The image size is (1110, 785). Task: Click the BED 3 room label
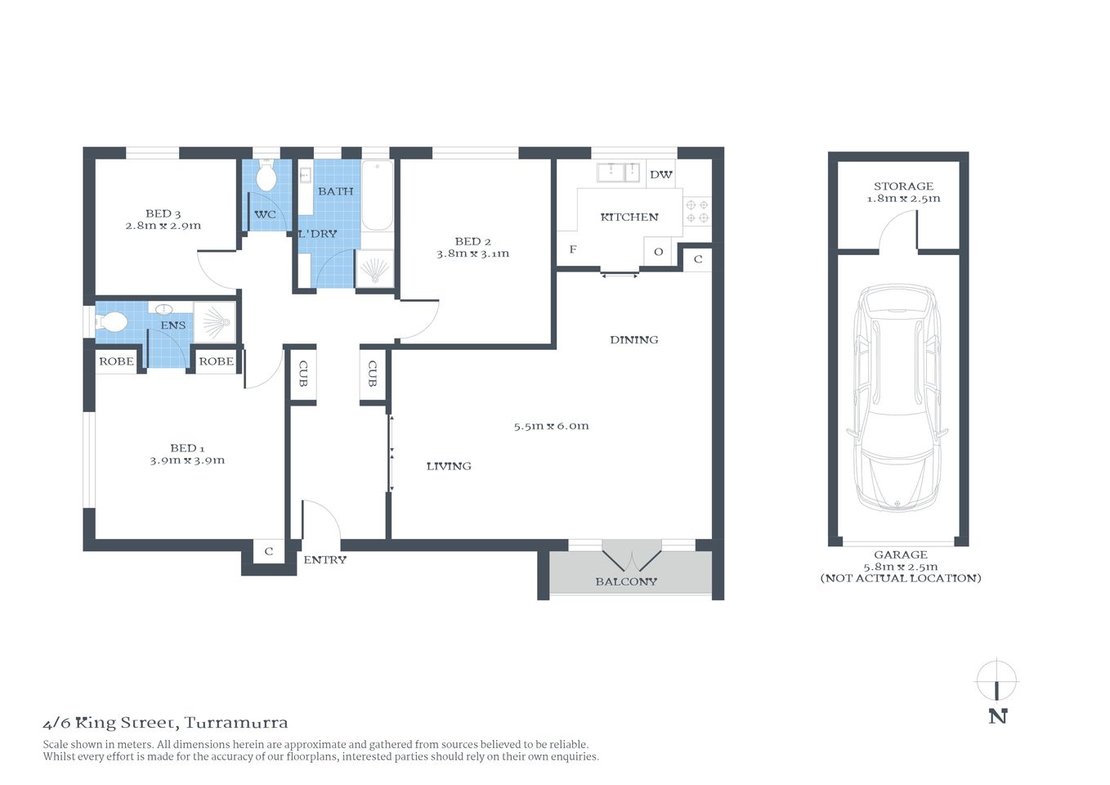click(163, 213)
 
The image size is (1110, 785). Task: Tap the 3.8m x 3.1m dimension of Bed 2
click(472, 253)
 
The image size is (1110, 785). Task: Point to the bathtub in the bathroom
click(377, 195)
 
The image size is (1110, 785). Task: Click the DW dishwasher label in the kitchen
click(660, 174)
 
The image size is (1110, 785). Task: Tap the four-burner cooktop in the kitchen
click(697, 211)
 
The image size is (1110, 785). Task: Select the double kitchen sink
click(619, 172)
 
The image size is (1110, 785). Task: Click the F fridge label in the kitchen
click(572, 249)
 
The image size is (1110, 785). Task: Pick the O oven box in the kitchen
click(658, 252)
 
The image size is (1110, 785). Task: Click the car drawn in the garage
click(897, 397)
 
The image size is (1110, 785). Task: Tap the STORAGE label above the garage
click(903, 186)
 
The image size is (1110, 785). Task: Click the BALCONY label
click(626, 581)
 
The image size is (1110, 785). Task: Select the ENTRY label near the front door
click(324, 560)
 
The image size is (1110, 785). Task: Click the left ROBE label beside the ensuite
click(116, 361)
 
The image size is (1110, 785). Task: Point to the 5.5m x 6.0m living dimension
click(551, 426)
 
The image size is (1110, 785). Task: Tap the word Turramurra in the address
click(236, 723)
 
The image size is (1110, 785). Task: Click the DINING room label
click(633, 339)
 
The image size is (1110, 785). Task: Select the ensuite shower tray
click(214, 322)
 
